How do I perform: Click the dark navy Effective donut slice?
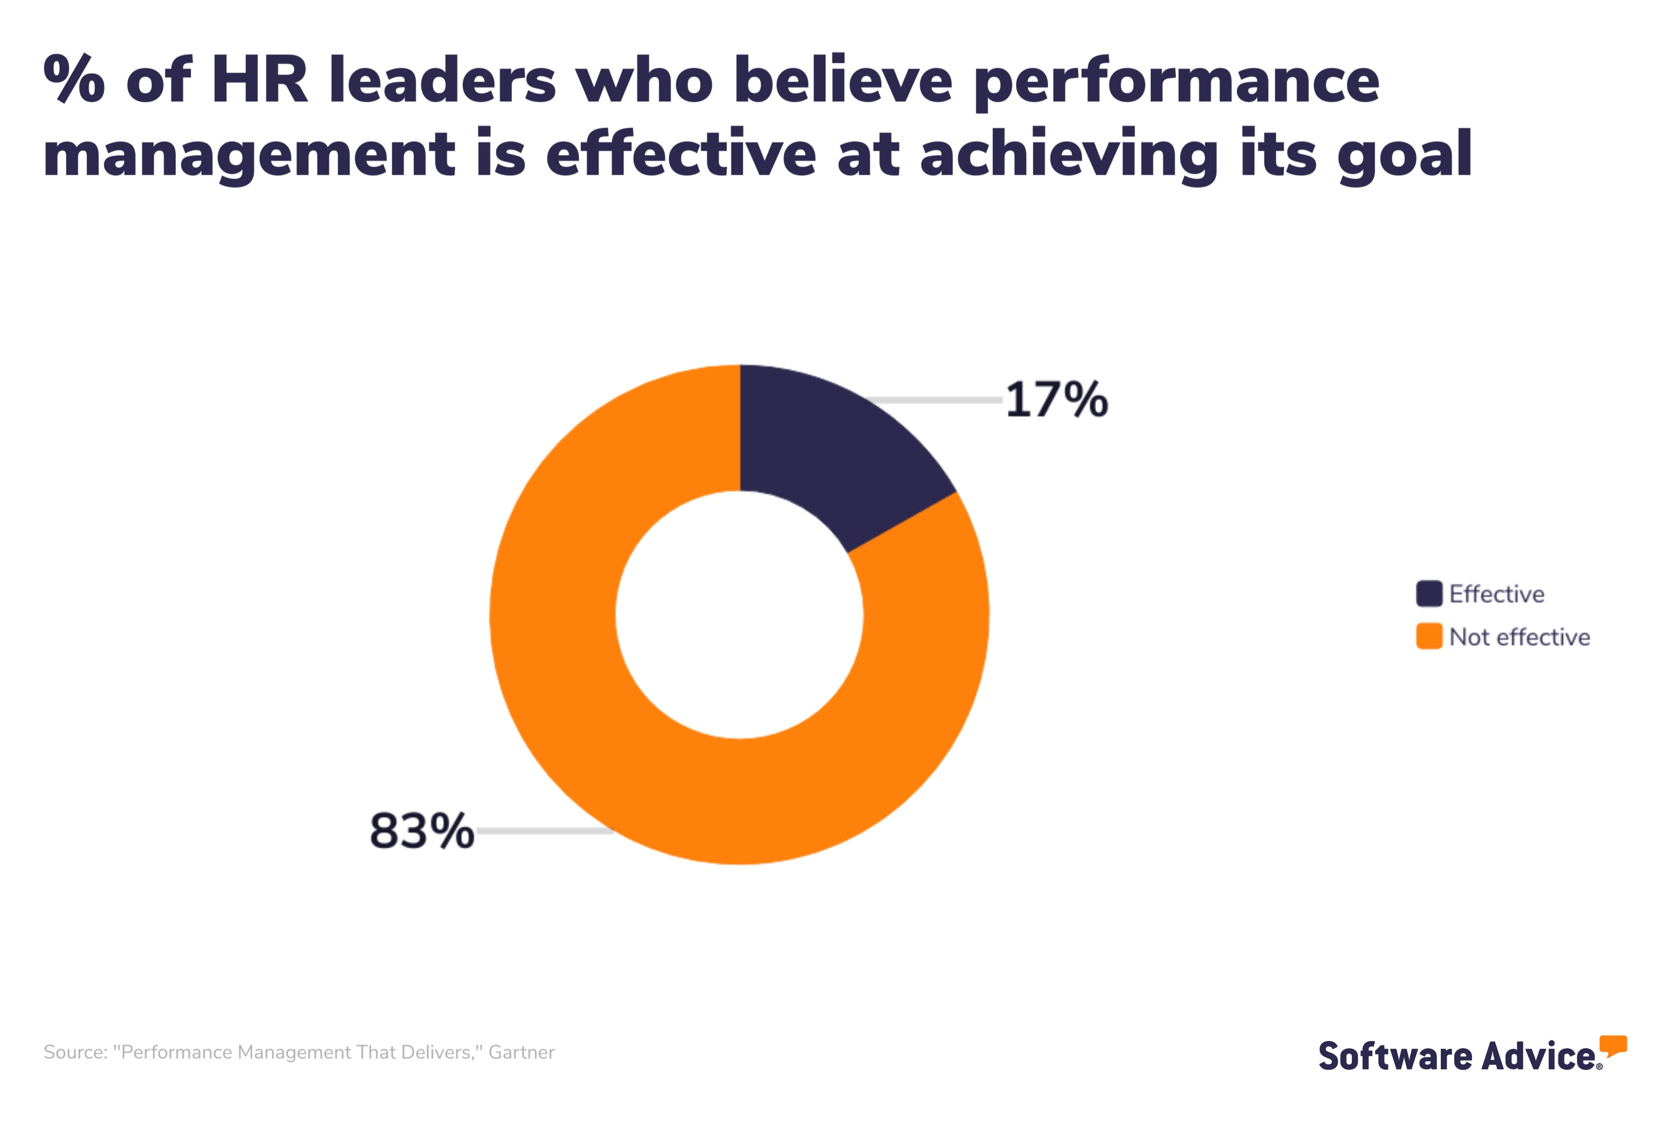831,451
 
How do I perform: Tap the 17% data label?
1057,400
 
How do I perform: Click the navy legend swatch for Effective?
1429,593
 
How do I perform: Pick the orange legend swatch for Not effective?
1429,636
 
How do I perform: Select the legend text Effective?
1496,593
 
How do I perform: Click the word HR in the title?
259,80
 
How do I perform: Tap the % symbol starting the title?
74,80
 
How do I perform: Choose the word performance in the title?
1176,83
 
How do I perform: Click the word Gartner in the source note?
521,1052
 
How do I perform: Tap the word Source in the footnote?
74,1052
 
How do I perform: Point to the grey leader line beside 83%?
544,831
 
